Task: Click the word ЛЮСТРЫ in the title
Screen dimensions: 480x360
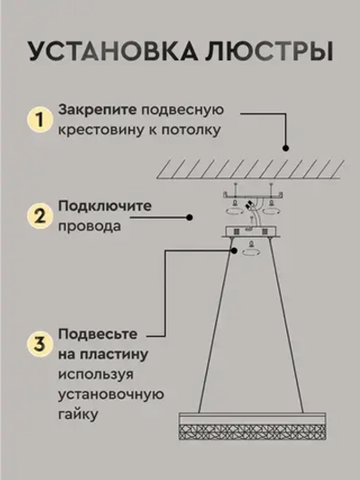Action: (x=257, y=50)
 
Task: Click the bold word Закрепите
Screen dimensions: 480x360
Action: (x=98, y=111)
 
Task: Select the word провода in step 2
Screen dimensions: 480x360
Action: (x=88, y=228)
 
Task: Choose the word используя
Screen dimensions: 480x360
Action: (x=97, y=374)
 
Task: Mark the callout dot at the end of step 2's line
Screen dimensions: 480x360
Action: (x=189, y=216)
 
